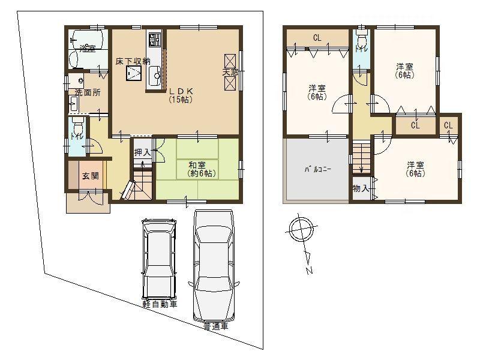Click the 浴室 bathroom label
coord(88,49)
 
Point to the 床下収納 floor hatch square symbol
coord(133,73)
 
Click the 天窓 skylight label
coord(230,73)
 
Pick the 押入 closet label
coord(142,152)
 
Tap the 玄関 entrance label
coord(91,176)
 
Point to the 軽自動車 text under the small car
coord(160,304)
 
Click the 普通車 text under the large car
coord(215,327)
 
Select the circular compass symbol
coord(298,228)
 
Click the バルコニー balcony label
coord(316,169)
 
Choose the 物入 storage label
coord(362,188)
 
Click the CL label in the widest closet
coord(316,38)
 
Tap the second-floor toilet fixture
coord(361,40)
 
